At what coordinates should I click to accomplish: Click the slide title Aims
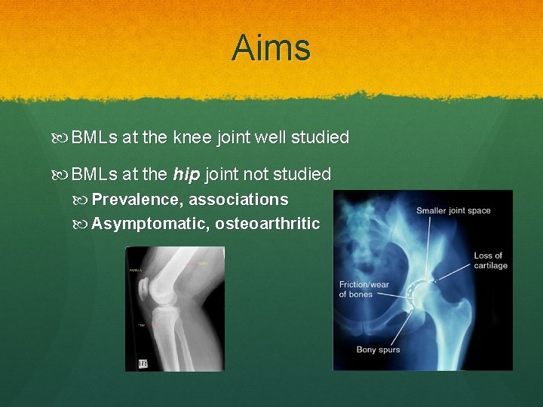tap(271, 48)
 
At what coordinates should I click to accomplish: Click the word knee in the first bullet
tap(192, 137)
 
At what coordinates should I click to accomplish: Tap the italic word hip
tap(186, 175)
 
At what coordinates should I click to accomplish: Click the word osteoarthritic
tap(267, 224)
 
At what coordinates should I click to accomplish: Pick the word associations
tap(238, 200)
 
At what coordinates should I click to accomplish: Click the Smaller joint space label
tap(454, 210)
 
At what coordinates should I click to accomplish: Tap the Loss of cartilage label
tap(489, 260)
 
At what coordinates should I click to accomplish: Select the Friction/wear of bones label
tap(365, 289)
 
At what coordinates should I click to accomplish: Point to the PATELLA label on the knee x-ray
tap(137, 270)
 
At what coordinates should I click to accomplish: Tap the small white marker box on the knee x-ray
tap(143, 363)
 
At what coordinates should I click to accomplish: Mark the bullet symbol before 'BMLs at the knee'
tap(63, 138)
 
